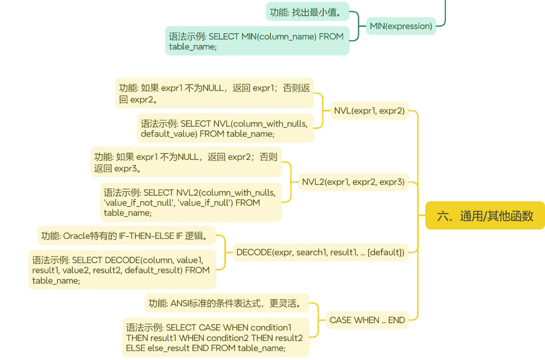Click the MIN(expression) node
pyautogui.click(x=401, y=26)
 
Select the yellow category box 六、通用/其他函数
pyautogui.click(x=485, y=216)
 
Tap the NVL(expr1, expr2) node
pyautogui.click(x=369, y=110)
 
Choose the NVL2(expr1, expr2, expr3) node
pyautogui.click(x=353, y=182)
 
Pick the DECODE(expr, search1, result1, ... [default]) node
pyautogui.click(x=320, y=252)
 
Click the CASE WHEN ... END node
pyautogui.click(x=367, y=320)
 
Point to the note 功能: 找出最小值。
pyautogui.click(x=307, y=12)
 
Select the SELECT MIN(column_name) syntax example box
pyautogui.click(x=257, y=41)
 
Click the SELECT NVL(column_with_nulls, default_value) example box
pyautogui.click(x=225, y=128)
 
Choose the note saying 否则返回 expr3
pyautogui.click(x=186, y=163)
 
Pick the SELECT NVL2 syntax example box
pyautogui.click(x=190, y=202)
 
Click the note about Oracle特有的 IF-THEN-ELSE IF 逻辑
pyautogui.click(x=126, y=236)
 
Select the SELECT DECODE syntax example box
pyautogui.click(x=121, y=270)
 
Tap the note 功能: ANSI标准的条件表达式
pyautogui.click(x=227, y=303)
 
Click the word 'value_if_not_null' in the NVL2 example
pyautogui.click(x=135, y=203)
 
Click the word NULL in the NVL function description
pyautogui.click(x=213, y=88)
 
